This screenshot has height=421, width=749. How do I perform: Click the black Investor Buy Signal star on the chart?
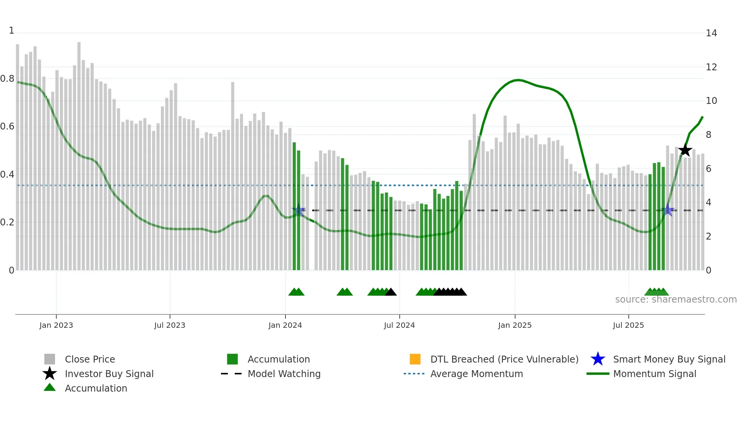[685, 150]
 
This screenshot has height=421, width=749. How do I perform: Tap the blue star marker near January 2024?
[298, 210]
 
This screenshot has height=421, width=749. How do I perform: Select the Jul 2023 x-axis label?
[170, 325]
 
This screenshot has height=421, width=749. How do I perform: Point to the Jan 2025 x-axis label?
[515, 325]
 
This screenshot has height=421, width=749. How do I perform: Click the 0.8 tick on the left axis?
[8, 79]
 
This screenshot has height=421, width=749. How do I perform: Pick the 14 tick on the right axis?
[711, 33]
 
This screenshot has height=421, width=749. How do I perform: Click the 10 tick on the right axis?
[711, 101]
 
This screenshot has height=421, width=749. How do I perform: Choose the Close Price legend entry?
[90, 359]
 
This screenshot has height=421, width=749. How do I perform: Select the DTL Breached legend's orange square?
[415, 359]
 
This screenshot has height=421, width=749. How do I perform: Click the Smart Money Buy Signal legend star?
[598, 359]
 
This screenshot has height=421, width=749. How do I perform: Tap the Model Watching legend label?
[284, 374]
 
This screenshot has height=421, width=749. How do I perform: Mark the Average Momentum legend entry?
[476, 374]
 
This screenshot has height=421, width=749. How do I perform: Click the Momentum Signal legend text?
[655, 374]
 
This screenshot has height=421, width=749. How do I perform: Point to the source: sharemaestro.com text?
[676, 300]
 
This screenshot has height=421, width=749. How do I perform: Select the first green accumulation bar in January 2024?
[294, 206]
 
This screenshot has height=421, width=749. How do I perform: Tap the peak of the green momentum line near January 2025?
[518, 80]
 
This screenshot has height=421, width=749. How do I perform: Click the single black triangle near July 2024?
[391, 292]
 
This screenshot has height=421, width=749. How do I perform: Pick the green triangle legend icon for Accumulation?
[50, 388]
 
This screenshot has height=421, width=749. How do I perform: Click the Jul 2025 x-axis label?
[628, 325]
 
